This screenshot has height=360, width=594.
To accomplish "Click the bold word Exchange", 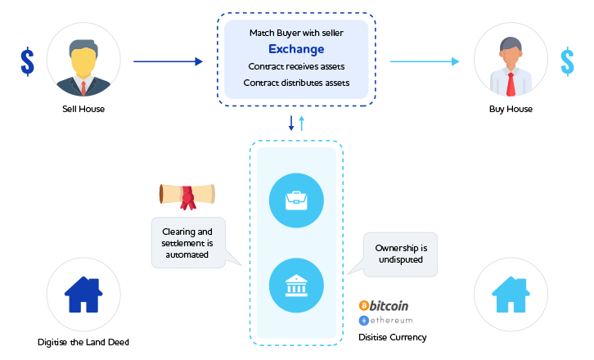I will point(296,49).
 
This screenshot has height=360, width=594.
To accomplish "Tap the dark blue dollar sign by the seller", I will point(28,61).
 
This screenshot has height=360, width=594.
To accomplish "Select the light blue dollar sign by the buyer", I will point(567,61).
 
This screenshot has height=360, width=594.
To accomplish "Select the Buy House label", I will point(511,109).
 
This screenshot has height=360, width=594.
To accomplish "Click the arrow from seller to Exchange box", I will point(167,61).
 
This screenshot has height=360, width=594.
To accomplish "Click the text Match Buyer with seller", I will point(296,33).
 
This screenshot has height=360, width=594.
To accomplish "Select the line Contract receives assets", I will point(296,66).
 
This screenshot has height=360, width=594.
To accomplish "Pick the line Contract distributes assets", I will point(296,83).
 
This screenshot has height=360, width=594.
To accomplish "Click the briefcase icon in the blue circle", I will point(296,198).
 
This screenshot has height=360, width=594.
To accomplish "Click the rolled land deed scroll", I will point(187,195).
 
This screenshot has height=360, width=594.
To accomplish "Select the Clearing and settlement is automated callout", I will point(188,243).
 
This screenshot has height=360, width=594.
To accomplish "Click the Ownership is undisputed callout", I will point(401,254).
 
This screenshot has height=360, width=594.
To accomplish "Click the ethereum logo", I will point(385,320).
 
